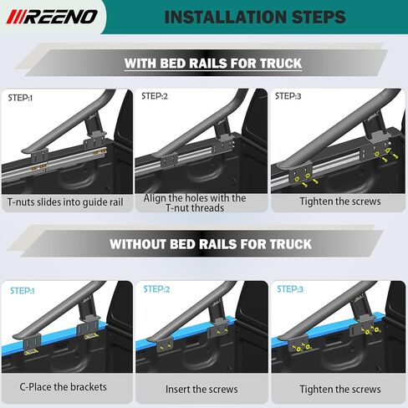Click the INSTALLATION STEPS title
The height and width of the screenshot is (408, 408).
point(255,17)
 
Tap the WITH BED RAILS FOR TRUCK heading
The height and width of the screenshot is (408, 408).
point(213,64)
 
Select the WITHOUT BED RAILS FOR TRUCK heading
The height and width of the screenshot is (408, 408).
point(211,245)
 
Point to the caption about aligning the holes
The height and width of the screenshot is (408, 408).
point(195,203)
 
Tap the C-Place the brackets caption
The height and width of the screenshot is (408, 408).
point(64,387)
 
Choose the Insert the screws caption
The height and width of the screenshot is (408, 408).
point(201,389)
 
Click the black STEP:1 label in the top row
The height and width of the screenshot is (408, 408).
point(20,98)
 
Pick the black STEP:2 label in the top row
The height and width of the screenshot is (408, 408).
point(155,97)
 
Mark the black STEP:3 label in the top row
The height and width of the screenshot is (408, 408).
point(290,97)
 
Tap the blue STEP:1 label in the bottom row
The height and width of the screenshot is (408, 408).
point(22,291)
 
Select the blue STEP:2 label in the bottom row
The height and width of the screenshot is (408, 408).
point(156,289)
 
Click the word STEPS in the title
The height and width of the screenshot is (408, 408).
point(309,17)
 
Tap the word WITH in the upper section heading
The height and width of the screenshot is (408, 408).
point(144,64)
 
